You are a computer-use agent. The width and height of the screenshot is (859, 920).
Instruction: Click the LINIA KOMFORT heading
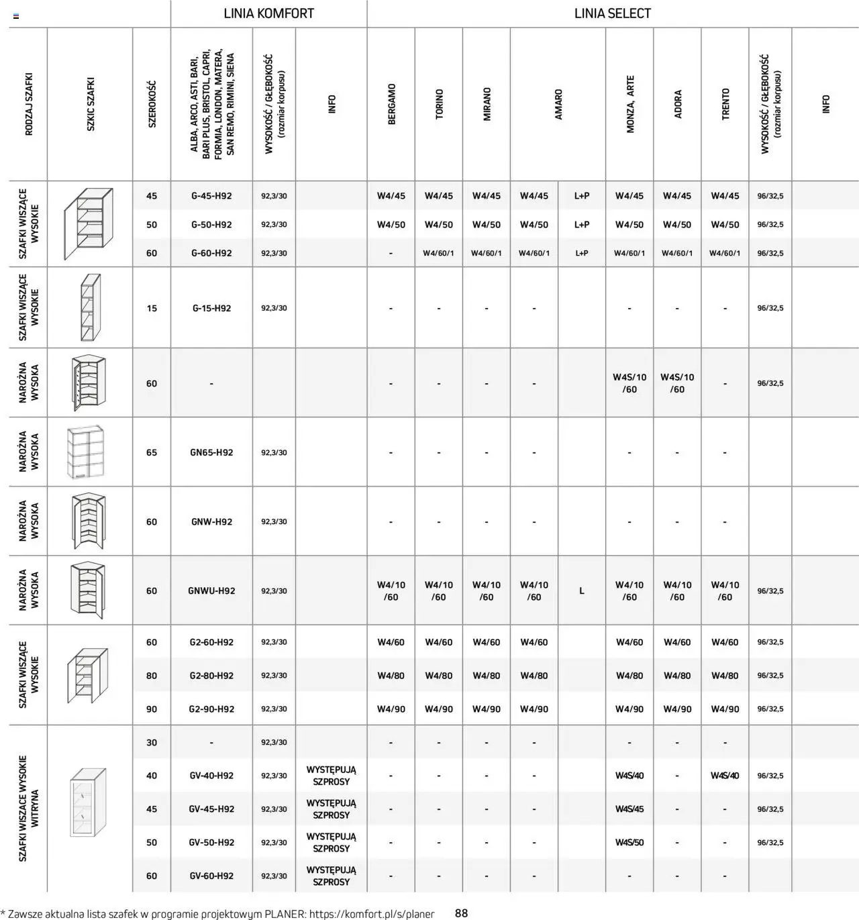(x=268, y=13)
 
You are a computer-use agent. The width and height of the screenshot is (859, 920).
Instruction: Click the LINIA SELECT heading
(x=612, y=13)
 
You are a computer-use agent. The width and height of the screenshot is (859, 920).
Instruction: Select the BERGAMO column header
(x=391, y=104)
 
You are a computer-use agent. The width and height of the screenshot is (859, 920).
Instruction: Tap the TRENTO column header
(x=725, y=104)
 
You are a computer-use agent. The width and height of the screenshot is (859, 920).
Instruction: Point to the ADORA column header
(x=677, y=104)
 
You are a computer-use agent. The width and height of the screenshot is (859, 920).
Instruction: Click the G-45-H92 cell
(x=211, y=196)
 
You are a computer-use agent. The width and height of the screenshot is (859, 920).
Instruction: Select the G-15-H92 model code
(x=211, y=309)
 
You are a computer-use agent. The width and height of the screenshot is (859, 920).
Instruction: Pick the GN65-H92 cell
(x=211, y=453)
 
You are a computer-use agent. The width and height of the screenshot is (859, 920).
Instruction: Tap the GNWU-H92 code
(x=211, y=591)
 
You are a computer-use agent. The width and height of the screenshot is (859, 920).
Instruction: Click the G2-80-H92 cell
(x=211, y=676)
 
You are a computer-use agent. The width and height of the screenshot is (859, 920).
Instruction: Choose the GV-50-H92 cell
(x=211, y=843)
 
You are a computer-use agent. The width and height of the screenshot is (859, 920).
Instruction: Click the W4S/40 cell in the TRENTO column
(x=725, y=776)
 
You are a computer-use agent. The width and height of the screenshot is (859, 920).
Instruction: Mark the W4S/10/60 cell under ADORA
(x=677, y=383)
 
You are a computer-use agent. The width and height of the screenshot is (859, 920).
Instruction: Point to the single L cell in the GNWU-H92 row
(x=581, y=591)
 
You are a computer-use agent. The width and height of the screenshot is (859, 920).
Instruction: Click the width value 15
(x=152, y=309)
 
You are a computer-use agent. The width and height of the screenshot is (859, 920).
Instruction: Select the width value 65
(x=152, y=453)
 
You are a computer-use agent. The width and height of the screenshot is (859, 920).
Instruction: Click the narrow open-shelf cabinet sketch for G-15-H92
(x=90, y=308)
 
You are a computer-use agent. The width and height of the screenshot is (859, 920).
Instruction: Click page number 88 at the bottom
(x=461, y=913)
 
